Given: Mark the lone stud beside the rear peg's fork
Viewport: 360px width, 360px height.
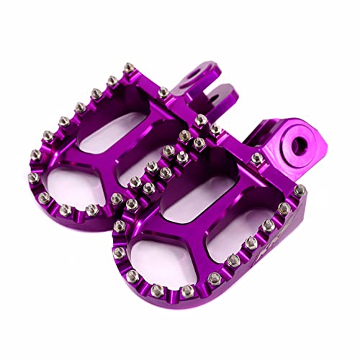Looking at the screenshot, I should pos(164,91).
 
